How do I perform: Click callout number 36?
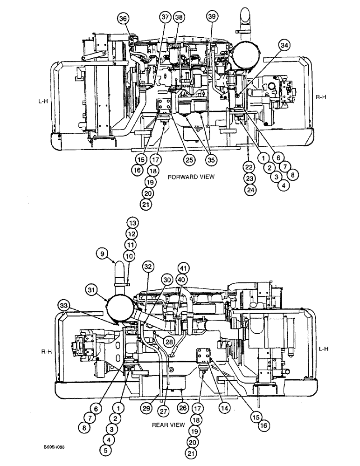click(123, 19)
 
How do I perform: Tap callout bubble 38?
click(179, 17)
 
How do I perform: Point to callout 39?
click(212, 17)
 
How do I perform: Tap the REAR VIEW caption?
click(168, 425)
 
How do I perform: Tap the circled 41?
click(183, 268)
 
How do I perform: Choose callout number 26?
click(183, 408)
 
